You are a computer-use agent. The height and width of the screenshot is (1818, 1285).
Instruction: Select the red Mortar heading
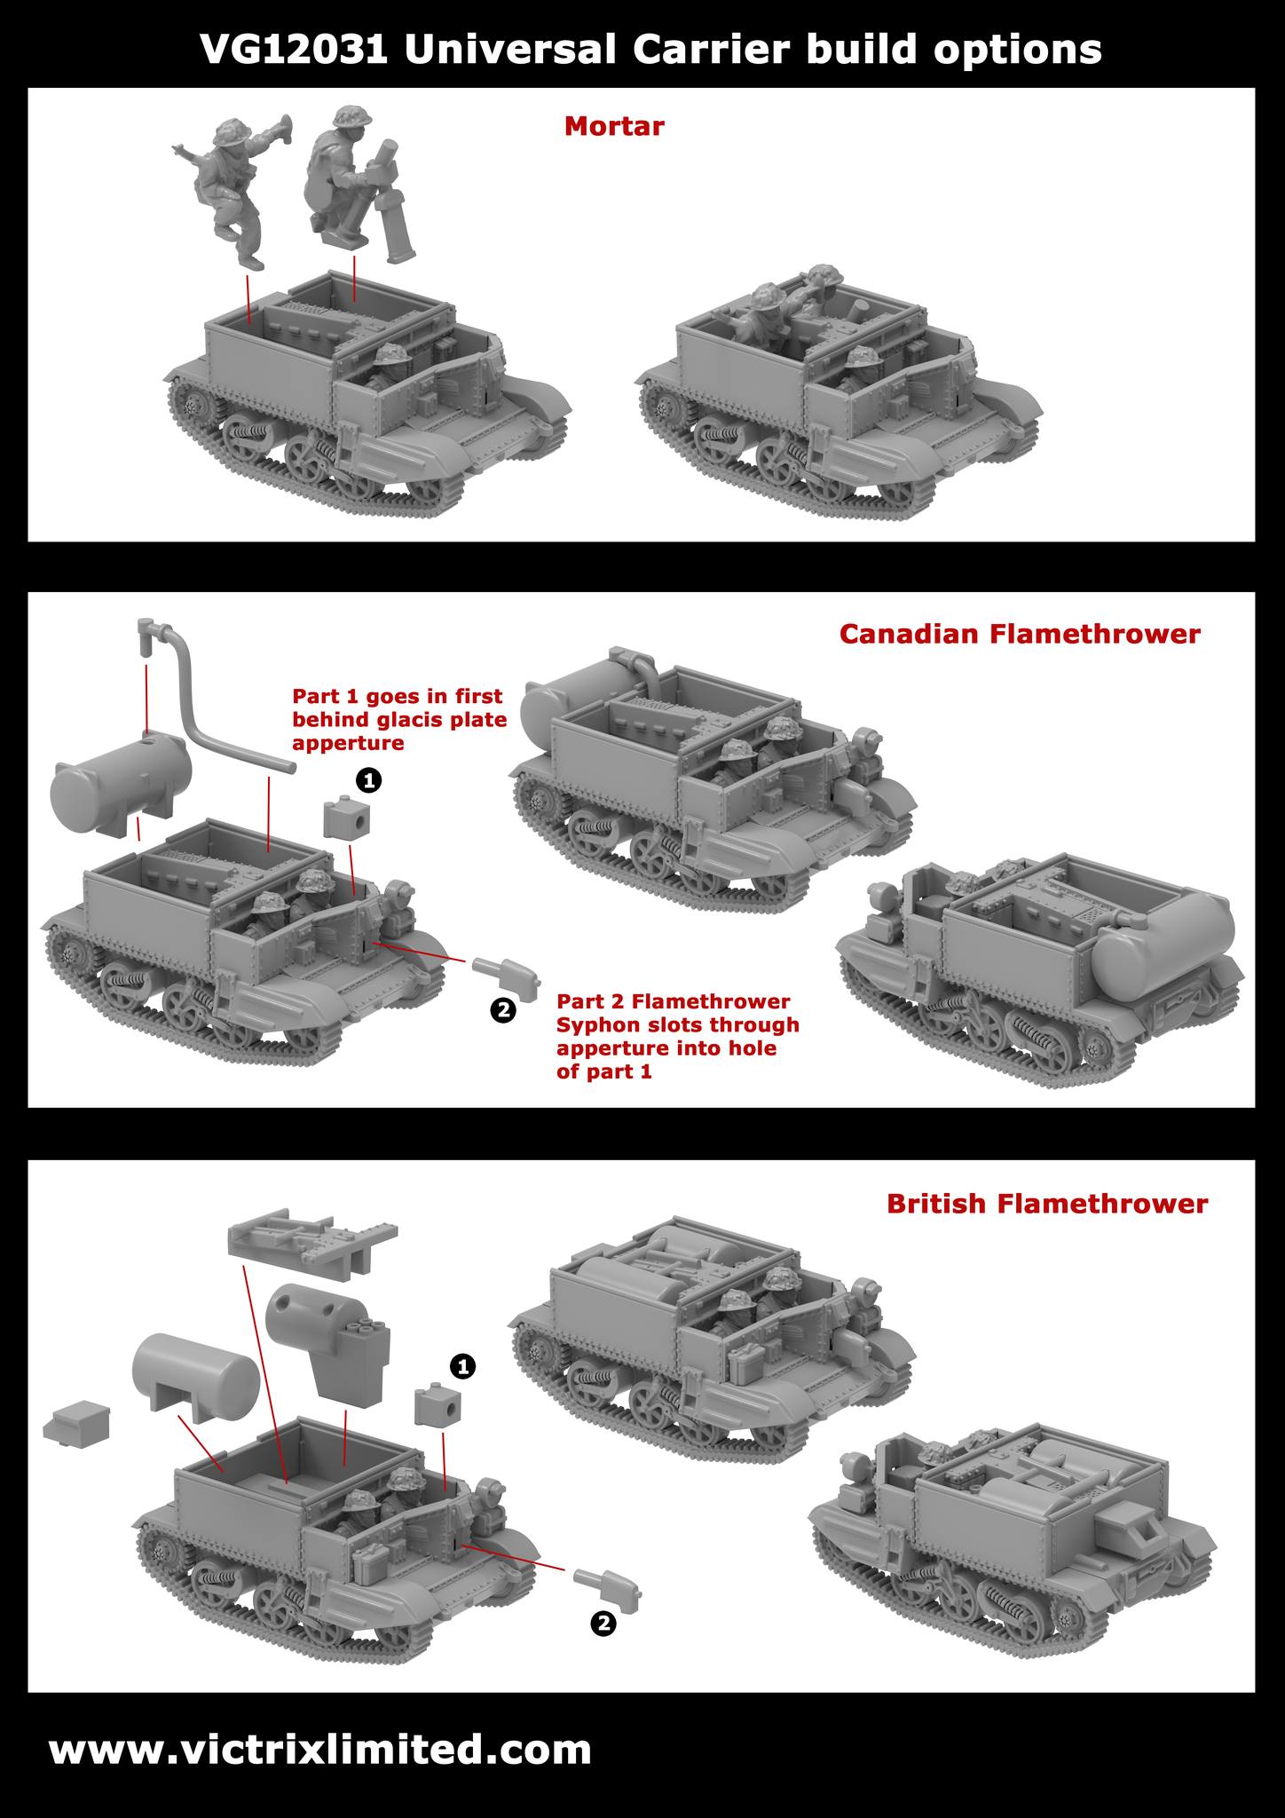click(614, 126)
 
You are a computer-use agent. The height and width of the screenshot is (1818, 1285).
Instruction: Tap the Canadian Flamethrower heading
click(1020, 634)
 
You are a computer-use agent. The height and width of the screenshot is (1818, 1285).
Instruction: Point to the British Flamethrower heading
click(1047, 1203)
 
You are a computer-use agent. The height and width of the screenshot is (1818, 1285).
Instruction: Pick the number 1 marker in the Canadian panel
click(368, 780)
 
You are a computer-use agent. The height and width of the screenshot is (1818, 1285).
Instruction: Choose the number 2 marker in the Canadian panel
click(502, 1009)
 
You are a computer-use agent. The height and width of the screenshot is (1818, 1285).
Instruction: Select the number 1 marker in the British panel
click(462, 1367)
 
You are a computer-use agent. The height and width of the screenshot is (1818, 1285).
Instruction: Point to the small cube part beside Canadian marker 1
click(346, 817)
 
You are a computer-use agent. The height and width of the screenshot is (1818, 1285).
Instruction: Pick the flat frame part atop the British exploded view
click(312, 1237)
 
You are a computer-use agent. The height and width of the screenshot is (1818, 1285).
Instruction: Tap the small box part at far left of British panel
click(76, 1423)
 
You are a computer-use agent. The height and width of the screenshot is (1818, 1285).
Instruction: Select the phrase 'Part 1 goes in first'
click(398, 696)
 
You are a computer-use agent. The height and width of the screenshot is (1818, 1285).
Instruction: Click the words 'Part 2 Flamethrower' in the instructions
click(674, 1001)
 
